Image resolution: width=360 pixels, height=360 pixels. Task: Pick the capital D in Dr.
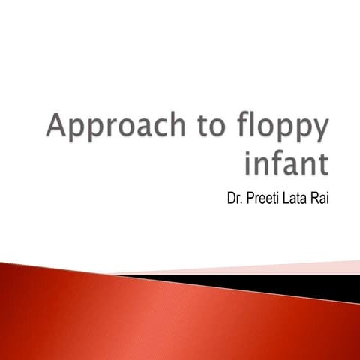pyautogui.click(x=231, y=199)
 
